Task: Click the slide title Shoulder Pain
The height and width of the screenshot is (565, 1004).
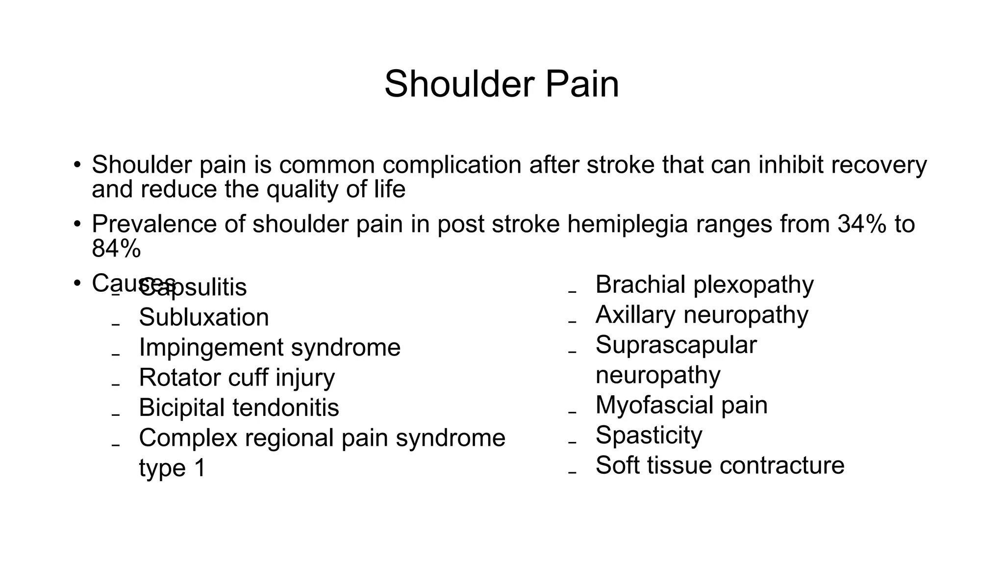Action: pyautogui.click(x=502, y=84)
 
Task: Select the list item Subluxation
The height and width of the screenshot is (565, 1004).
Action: pyautogui.click(x=204, y=317)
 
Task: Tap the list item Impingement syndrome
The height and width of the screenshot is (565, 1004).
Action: pyautogui.click(x=270, y=347)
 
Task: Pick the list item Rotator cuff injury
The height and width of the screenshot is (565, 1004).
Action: pyautogui.click(x=237, y=378)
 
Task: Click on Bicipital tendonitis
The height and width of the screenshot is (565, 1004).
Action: pyautogui.click(x=239, y=408)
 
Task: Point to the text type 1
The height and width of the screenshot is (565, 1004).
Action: pyautogui.click(x=172, y=468)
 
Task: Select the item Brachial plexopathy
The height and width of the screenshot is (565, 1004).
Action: pyautogui.click(x=704, y=284)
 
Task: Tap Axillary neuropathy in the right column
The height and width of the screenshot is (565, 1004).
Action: pyautogui.click(x=702, y=315)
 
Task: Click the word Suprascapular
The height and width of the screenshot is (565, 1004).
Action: pyautogui.click(x=676, y=345)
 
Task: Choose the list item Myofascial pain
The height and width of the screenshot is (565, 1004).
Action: pyautogui.click(x=681, y=405)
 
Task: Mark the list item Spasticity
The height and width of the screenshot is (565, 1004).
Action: pyautogui.click(x=649, y=435)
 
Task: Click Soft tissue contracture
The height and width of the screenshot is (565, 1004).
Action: pyautogui.click(x=720, y=465)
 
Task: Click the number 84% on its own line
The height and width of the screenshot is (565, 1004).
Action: pyautogui.click(x=116, y=249)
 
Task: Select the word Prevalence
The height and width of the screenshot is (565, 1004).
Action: pyautogui.click(x=154, y=224)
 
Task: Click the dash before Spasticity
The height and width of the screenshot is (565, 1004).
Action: pyautogui.click(x=572, y=442)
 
